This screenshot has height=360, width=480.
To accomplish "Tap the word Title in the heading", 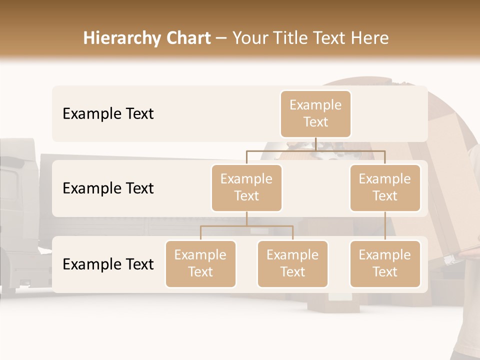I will (x=291, y=38).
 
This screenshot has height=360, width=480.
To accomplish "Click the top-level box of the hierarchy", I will (x=315, y=113).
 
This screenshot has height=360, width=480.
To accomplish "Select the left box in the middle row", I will (x=246, y=187).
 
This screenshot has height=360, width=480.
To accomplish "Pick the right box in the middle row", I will (x=385, y=187).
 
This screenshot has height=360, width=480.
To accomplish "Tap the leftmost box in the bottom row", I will (x=200, y=263).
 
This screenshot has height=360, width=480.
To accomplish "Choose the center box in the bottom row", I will (x=292, y=263).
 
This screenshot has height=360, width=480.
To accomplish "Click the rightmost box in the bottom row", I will (x=385, y=263).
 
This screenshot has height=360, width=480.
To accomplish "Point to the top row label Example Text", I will (x=108, y=113).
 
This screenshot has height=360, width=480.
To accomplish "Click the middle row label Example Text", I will (x=108, y=188).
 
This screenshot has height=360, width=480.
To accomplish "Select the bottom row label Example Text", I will (x=108, y=264).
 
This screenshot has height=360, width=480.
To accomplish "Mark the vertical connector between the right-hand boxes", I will (x=385, y=226).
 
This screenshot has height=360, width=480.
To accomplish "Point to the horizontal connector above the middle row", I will (x=315, y=149).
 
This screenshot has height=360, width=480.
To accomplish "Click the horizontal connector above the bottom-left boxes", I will (x=246, y=226).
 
